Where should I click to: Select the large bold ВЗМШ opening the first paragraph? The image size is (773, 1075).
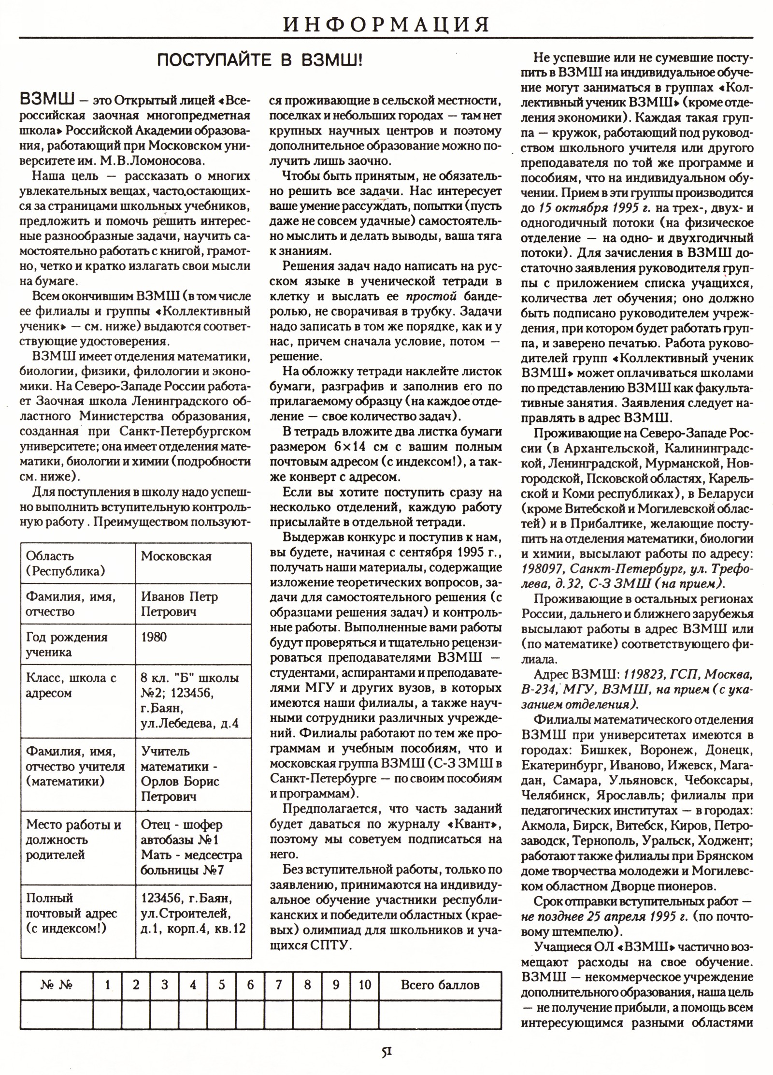[46, 101]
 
